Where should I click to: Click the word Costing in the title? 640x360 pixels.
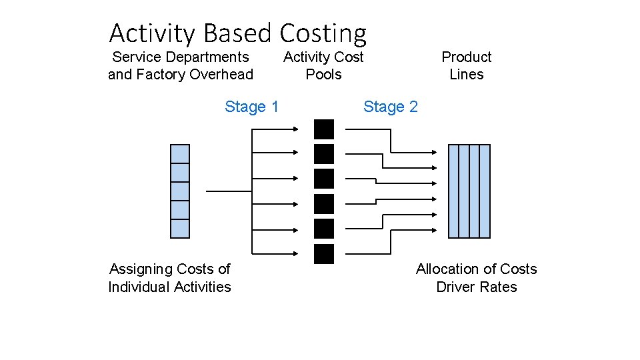pyautogui.click(x=323, y=33)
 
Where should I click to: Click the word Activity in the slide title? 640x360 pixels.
pyautogui.click(x=153, y=33)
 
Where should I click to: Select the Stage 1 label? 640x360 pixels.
pyautogui.click(x=251, y=107)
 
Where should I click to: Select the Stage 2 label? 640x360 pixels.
pyautogui.click(x=390, y=107)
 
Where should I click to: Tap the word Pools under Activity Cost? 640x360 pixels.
pyautogui.click(x=323, y=75)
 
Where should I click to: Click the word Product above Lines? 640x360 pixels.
pyautogui.click(x=466, y=57)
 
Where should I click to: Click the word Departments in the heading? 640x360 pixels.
pyautogui.click(x=210, y=57)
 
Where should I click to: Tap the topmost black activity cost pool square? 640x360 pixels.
pyautogui.click(x=324, y=129)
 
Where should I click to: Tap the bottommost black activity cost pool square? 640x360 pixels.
pyautogui.click(x=324, y=254)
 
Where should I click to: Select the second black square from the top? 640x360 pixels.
pyautogui.click(x=324, y=154)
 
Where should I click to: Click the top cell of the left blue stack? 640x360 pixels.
pyautogui.click(x=180, y=154)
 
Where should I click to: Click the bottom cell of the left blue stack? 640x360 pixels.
pyautogui.click(x=180, y=229)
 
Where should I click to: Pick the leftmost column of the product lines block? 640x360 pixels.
pyautogui.click(x=454, y=191)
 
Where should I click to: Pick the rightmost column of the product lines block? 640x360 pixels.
pyautogui.click(x=485, y=191)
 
